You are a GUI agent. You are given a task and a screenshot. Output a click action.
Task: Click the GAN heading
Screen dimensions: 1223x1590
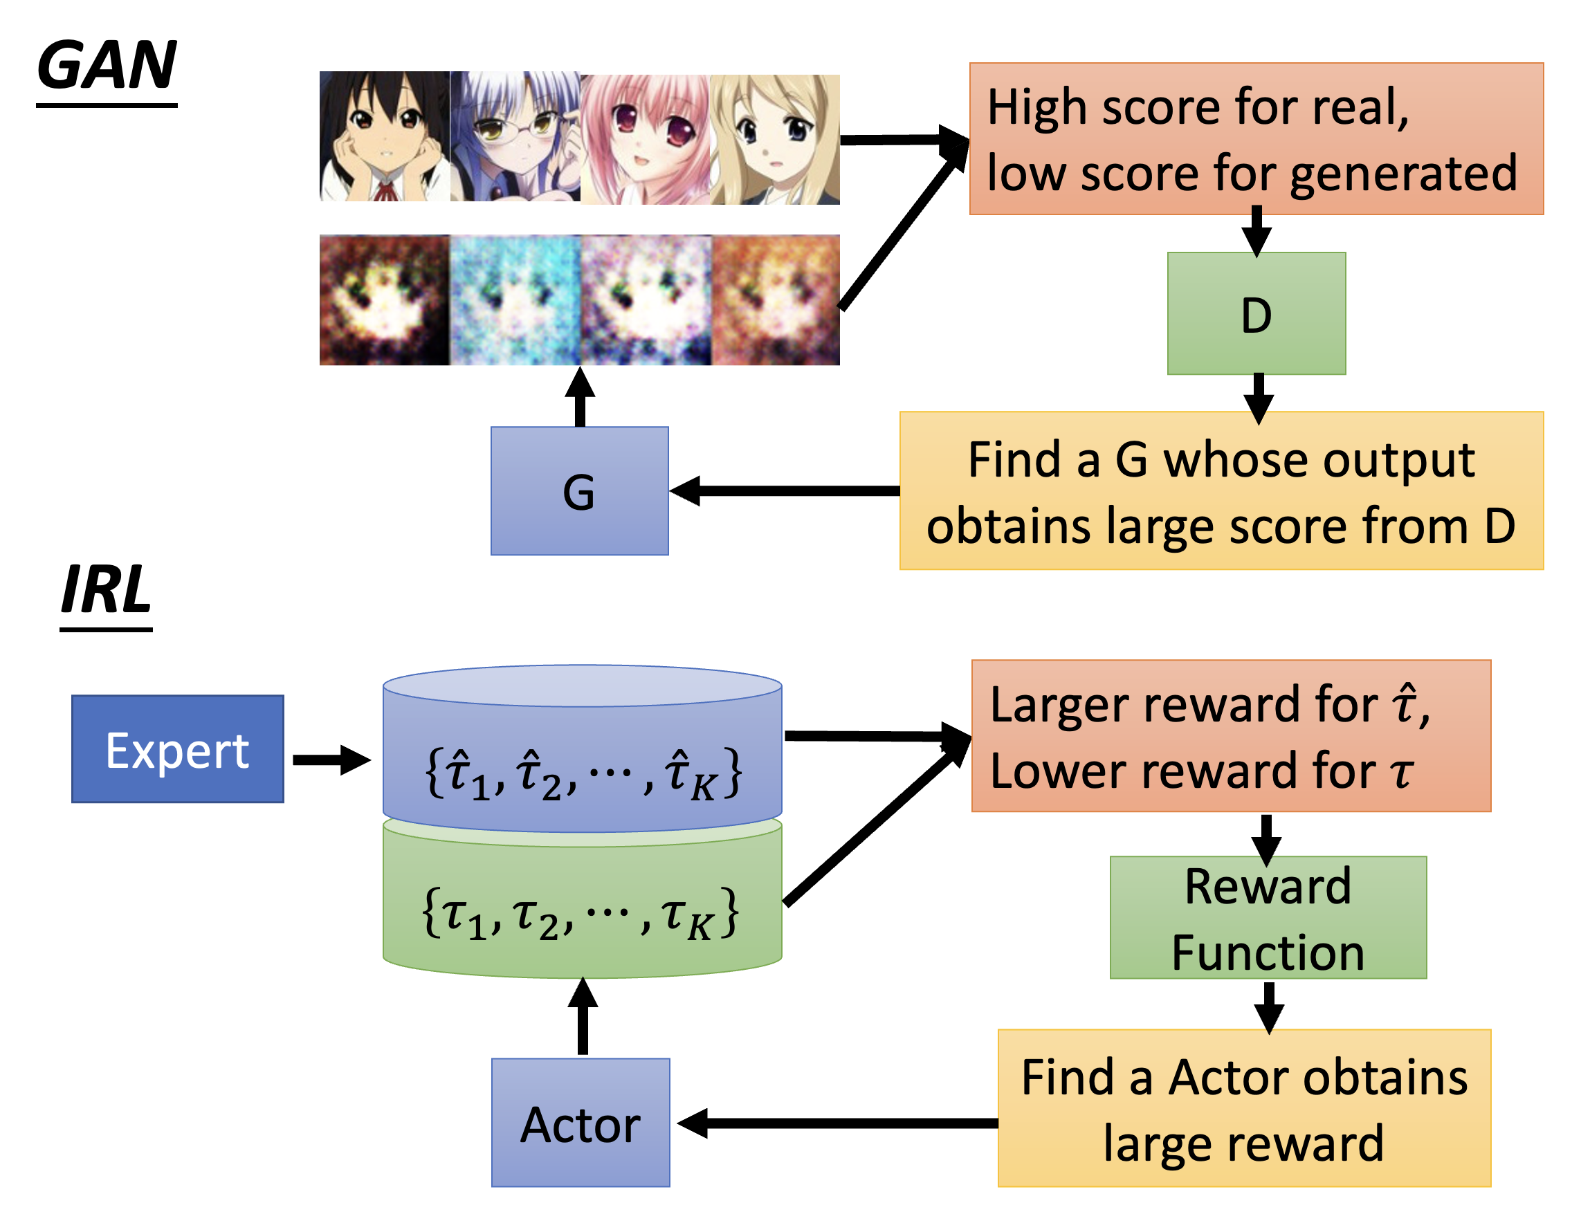(x=107, y=66)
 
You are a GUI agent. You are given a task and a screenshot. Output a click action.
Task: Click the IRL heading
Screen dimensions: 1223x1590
(x=107, y=589)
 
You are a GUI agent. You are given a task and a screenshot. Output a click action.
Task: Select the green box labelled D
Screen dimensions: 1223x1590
(x=1257, y=314)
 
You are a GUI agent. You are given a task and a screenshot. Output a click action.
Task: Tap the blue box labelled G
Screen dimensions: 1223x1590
(x=580, y=491)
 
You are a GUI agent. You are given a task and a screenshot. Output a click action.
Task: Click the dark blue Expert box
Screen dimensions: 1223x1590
(x=178, y=750)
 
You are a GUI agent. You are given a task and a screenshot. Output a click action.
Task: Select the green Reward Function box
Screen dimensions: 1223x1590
(x=1268, y=919)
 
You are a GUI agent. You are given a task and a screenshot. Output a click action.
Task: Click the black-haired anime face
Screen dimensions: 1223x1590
(x=385, y=136)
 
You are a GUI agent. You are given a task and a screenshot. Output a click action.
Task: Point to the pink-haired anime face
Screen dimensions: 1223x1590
(x=645, y=138)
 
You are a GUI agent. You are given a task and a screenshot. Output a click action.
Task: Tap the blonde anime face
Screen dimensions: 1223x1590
(x=775, y=139)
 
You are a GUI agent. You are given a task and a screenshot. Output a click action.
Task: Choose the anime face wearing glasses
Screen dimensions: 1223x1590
(x=515, y=136)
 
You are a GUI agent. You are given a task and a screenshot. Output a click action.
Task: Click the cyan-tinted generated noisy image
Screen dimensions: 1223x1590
(x=515, y=300)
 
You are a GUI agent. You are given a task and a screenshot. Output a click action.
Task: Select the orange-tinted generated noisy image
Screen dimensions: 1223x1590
(x=776, y=300)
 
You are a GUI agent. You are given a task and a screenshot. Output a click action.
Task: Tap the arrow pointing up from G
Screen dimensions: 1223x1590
(x=581, y=397)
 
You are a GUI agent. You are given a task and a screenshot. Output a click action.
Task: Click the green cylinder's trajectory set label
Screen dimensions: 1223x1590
(x=581, y=914)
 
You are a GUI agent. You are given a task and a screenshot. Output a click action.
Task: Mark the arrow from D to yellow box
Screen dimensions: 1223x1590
(x=1258, y=397)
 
